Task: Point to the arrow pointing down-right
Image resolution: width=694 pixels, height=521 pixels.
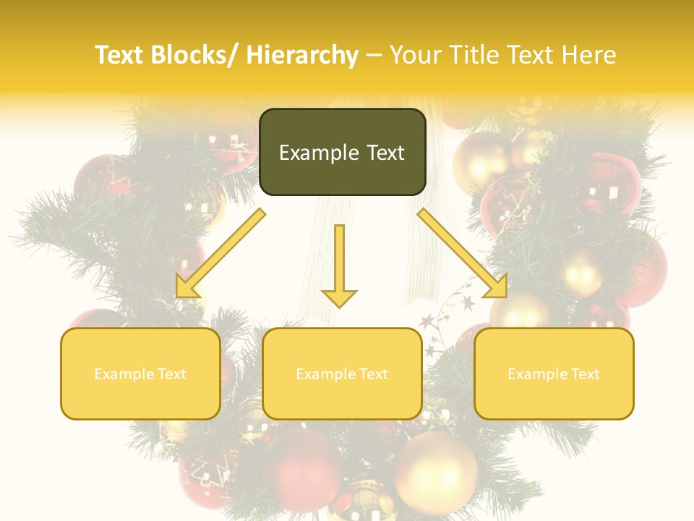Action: (x=463, y=254)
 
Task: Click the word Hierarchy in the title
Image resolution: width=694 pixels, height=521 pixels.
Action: (x=302, y=55)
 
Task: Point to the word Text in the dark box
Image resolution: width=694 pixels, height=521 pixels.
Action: (x=385, y=153)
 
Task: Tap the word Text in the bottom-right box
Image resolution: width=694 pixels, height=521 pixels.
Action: (x=584, y=374)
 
